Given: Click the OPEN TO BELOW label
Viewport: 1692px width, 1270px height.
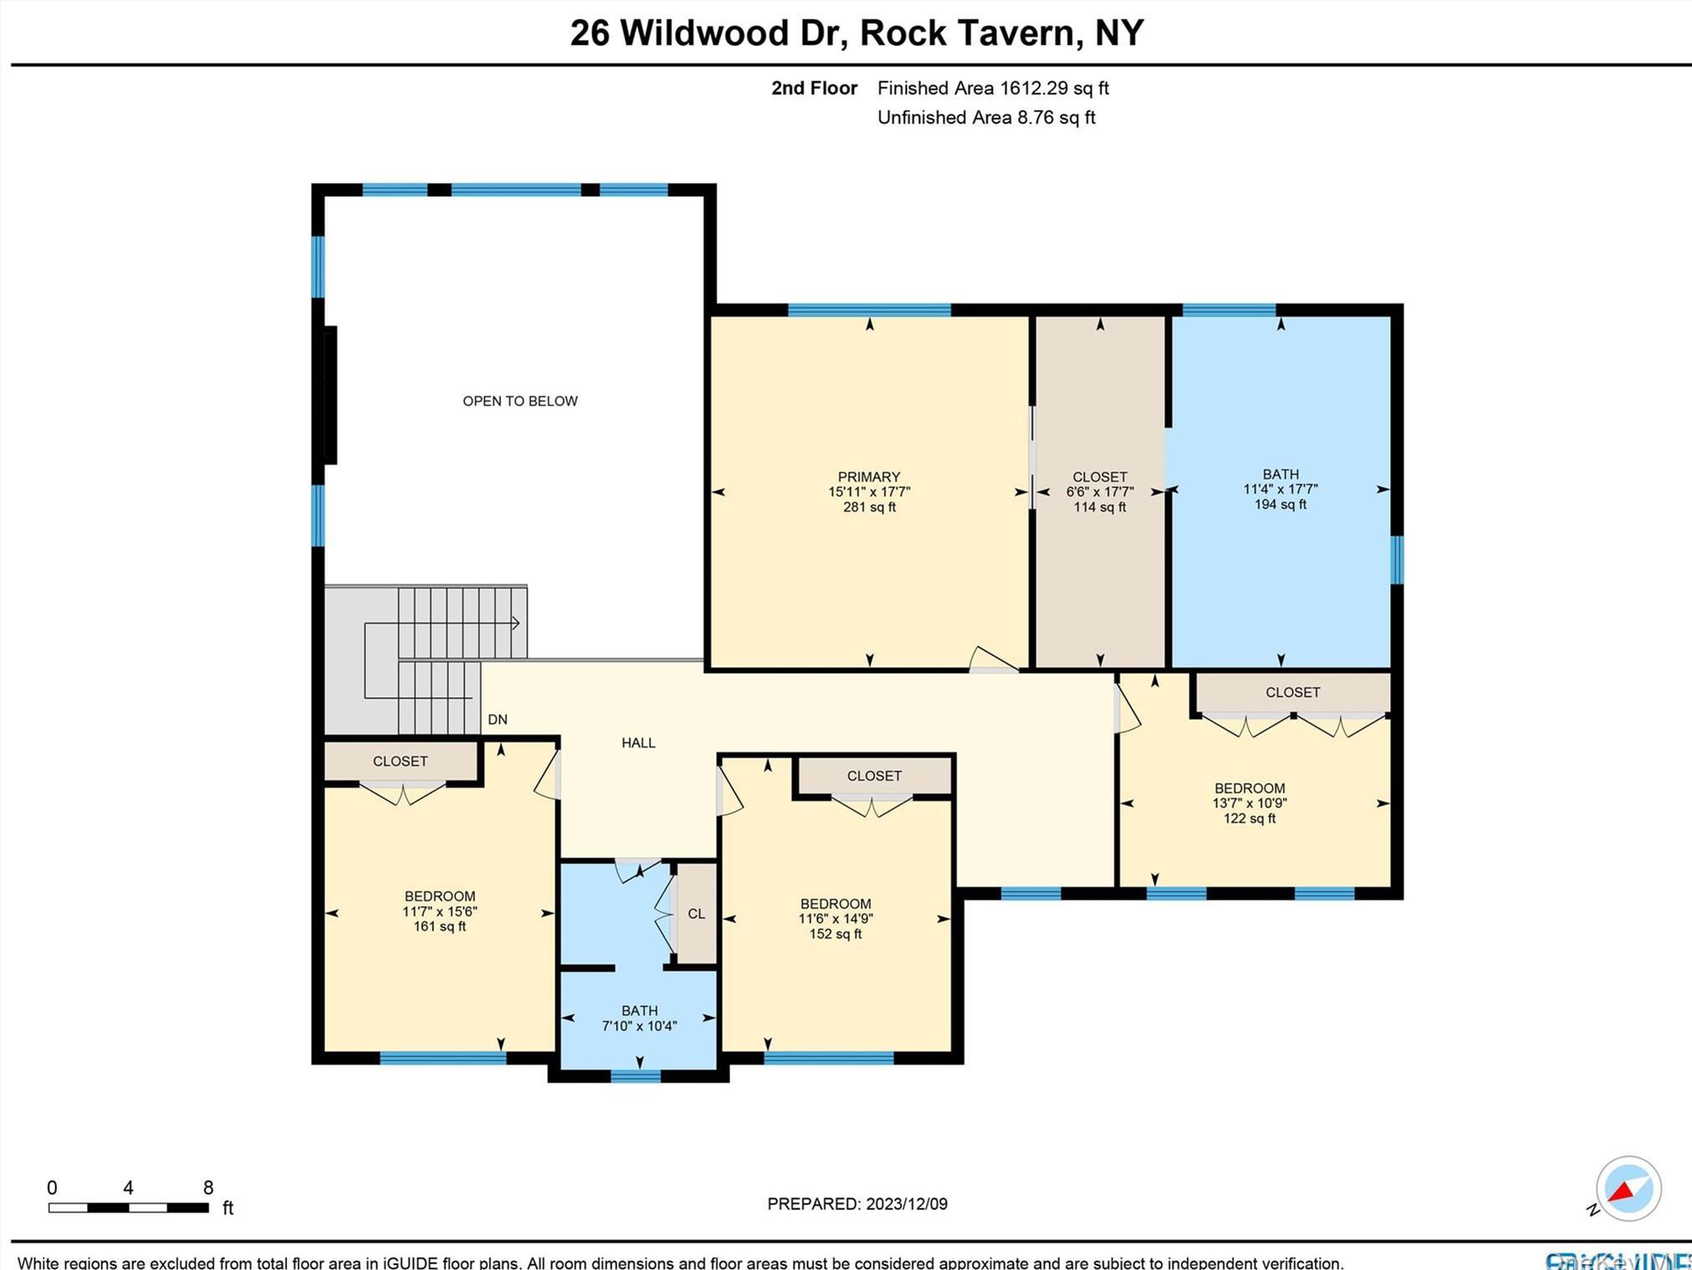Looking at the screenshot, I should [519, 401].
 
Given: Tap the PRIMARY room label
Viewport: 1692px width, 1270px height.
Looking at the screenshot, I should [869, 477].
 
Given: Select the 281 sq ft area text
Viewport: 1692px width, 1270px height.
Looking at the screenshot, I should [869, 507].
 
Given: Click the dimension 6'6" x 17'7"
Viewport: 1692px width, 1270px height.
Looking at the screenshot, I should [1099, 492].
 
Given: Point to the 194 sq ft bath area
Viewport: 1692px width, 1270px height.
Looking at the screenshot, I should [1280, 504].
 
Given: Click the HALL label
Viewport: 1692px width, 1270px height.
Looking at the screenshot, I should [638, 742].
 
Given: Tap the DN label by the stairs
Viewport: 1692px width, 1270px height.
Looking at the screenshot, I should [498, 719].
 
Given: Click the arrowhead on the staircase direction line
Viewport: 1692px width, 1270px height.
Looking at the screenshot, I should [515, 623].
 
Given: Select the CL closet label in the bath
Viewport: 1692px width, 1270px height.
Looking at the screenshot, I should [696, 914].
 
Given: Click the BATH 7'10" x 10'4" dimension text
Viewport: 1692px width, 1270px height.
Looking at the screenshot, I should [639, 1026].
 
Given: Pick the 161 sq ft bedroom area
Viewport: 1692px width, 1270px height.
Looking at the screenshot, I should [439, 926].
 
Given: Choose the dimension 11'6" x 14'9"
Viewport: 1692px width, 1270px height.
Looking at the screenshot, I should [836, 918].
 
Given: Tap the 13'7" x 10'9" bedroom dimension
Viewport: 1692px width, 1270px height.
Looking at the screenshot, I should [1249, 803].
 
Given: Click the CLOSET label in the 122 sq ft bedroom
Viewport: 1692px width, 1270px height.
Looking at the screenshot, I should [1292, 692].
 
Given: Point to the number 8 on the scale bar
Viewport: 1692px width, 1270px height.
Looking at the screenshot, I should [208, 1187].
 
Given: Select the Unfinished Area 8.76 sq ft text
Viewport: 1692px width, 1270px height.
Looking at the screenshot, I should [985, 118].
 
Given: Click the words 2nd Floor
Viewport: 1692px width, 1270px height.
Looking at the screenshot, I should [813, 88].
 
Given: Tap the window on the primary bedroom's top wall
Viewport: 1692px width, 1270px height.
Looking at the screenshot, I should [869, 310].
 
